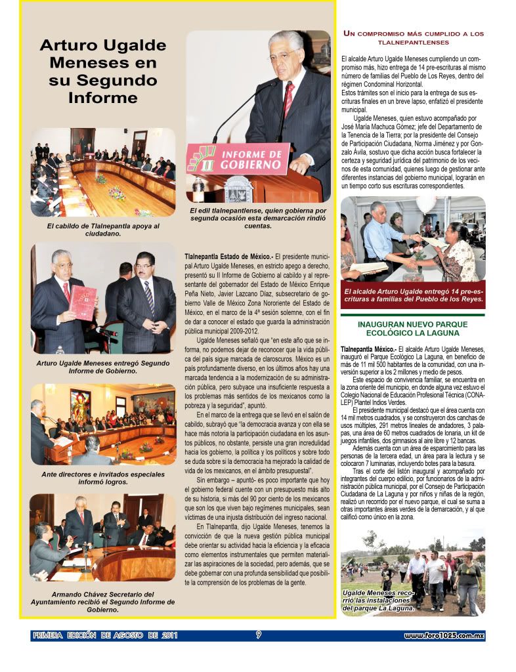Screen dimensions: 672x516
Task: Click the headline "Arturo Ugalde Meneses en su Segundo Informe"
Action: pyautogui.click(x=102, y=72)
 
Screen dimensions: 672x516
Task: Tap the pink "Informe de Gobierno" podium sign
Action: pyautogui.click(x=238, y=158)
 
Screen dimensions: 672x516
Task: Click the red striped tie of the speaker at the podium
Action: pyautogui.click(x=288, y=98)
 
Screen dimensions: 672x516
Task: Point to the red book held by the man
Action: pyautogui.click(x=83, y=302)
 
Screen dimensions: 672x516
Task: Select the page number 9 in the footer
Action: pyautogui.click(x=259, y=635)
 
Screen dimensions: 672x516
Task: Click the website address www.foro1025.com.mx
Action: pyautogui.click(x=444, y=636)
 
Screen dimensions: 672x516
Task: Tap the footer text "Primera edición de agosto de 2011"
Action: pyautogui.click(x=104, y=635)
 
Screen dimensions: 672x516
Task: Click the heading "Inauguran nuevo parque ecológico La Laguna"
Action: pyautogui.click(x=412, y=329)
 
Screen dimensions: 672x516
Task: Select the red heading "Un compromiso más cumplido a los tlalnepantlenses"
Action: pyautogui.click(x=414, y=37)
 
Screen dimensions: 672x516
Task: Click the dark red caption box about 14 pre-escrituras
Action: pyautogui.click(x=413, y=295)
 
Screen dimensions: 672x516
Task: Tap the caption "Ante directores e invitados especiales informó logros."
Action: pyautogui.click(x=103, y=477)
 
